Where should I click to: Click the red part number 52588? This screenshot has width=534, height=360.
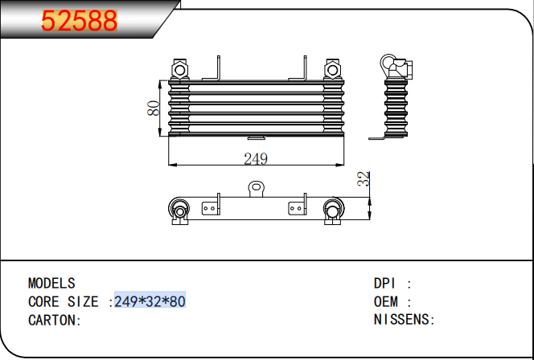[79, 21]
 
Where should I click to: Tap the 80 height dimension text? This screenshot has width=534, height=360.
[154, 108]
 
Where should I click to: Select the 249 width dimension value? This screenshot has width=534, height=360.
[256, 159]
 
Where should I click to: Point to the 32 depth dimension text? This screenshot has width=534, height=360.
[364, 178]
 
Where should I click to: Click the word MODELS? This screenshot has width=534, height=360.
[51, 283]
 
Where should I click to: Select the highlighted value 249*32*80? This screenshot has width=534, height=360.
[150, 301]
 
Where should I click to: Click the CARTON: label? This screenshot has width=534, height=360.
[55, 320]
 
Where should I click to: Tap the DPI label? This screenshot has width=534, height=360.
[385, 283]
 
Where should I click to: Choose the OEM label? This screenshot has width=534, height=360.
[385, 301]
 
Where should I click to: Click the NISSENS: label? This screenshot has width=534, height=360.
[405, 320]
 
